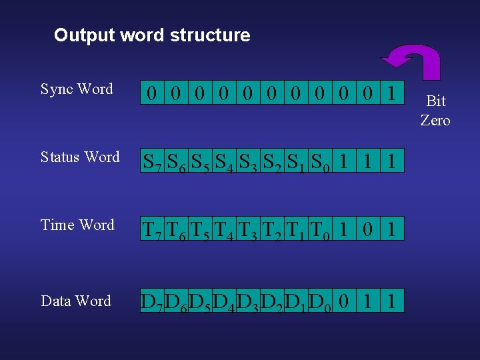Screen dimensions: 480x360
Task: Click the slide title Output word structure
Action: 152,35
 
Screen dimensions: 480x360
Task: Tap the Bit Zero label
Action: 435,111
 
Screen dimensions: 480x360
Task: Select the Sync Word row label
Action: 77,89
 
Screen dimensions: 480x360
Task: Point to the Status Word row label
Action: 80,157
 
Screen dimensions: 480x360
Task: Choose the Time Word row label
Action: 77,225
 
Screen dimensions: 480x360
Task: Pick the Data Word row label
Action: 76,301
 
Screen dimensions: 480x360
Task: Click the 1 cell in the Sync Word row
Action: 392,93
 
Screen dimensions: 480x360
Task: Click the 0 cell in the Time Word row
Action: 368,229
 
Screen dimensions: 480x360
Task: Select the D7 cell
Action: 153,301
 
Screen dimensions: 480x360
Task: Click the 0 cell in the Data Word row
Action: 343,301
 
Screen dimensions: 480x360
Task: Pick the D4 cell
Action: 223,301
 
